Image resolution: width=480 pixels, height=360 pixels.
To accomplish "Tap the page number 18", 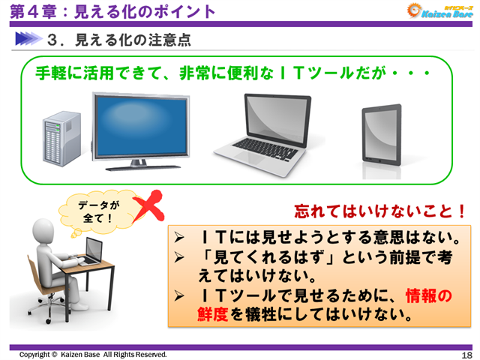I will pos(466,354).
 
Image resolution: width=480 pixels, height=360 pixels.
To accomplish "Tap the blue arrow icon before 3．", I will pos(29,37).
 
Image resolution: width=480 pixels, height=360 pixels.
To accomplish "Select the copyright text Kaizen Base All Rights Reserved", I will pos(93,354).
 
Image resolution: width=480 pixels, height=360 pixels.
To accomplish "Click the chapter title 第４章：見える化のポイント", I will pos(112,11).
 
